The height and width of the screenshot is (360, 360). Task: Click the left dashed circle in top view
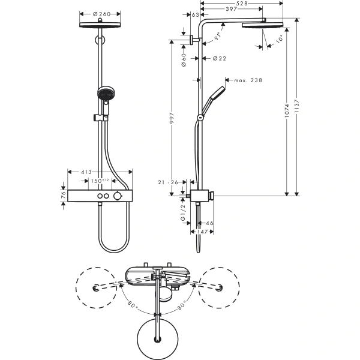(98, 289)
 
